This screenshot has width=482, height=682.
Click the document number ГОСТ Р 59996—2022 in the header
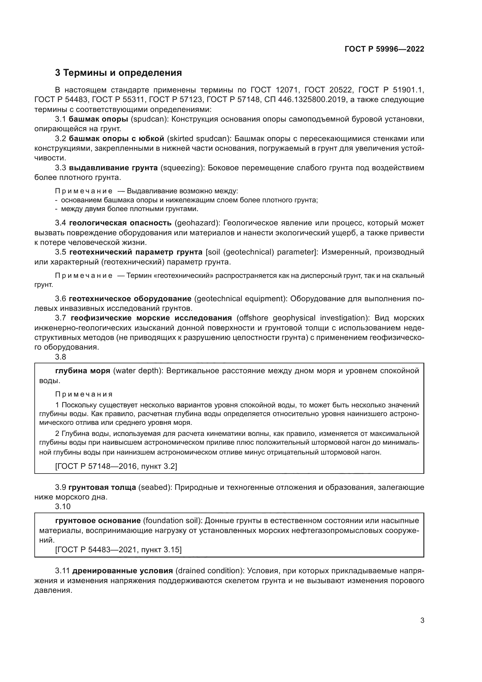tap(384, 49)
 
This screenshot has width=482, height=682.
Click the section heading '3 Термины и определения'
tap(118, 73)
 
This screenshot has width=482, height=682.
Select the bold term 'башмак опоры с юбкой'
tap(116, 139)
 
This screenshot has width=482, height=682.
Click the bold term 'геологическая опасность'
tap(120, 223)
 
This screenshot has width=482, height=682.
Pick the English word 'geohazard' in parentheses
tap(197, 223)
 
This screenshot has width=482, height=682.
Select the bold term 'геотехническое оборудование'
tap(130, 299)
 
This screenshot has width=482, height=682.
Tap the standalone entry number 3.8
tap(61, 357)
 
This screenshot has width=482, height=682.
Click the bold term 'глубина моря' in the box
tap(83, 371)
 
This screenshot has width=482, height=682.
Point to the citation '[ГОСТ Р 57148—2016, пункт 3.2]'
tap(116, 466)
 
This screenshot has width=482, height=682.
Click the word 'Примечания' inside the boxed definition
tap(84, 394)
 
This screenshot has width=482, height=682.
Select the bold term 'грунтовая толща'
tap(102, 488)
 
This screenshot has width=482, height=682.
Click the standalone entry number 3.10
tap(63, 506)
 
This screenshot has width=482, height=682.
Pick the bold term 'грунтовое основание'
tap(98, 521)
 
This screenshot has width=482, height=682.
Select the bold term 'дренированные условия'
tap(123, 571)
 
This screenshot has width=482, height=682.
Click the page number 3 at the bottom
tap(422, 620)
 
